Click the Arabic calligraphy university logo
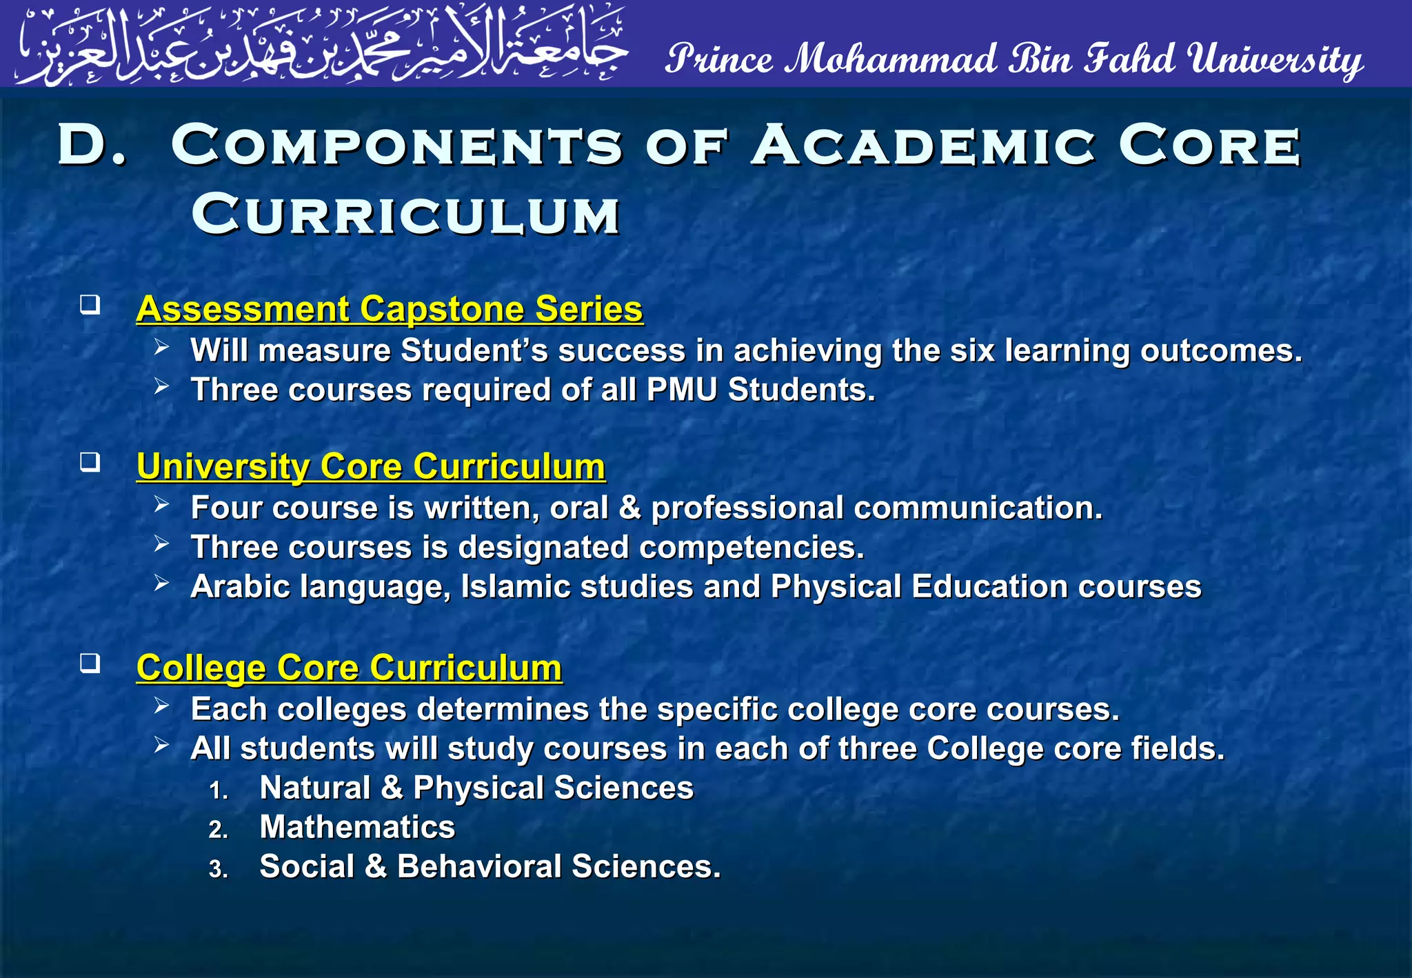(321, 46)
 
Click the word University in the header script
(1275, 59)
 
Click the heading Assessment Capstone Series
(390, 308)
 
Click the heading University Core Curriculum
(371, 466)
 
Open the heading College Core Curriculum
(349, 668)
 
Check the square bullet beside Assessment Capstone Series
(90, 304)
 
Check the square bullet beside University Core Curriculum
(90, 462)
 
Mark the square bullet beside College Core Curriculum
(90, 663)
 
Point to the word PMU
(682, 390)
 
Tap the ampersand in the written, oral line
(629, 508)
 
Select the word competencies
(752, 547)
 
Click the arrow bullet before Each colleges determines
(162, 705)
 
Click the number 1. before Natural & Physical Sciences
(219, 790)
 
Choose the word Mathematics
(357, 827)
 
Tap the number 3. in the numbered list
(219, 869)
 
